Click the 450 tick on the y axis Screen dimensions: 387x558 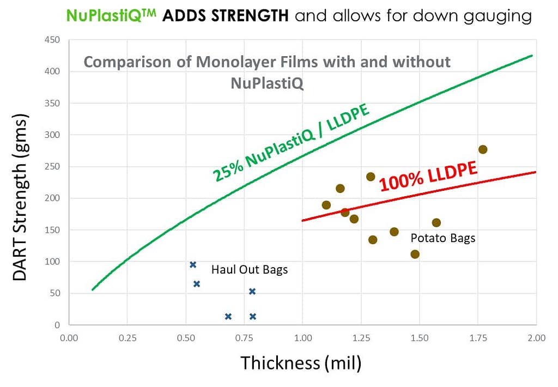click(x=52, y=40)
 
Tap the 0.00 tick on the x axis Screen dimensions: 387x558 click(x=69, y=338)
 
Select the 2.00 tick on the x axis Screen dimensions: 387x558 click(x=536, y=338)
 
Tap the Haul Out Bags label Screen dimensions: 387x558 click(x=250, y=269)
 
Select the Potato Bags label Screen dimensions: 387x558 click(x=443, y=238)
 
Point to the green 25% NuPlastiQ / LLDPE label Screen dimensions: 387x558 click(x=292, y=142)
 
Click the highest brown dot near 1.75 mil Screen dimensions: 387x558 click(x=482, y=149)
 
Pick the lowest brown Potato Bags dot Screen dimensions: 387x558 click(x=415, y=254)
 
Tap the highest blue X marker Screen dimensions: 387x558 click(x=193, y=265)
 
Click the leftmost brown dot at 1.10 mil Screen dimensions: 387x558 click(x=326, y=205)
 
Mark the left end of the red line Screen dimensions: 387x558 click(x=302, y=221)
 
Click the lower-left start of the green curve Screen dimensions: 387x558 click(x=93, y=289)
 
